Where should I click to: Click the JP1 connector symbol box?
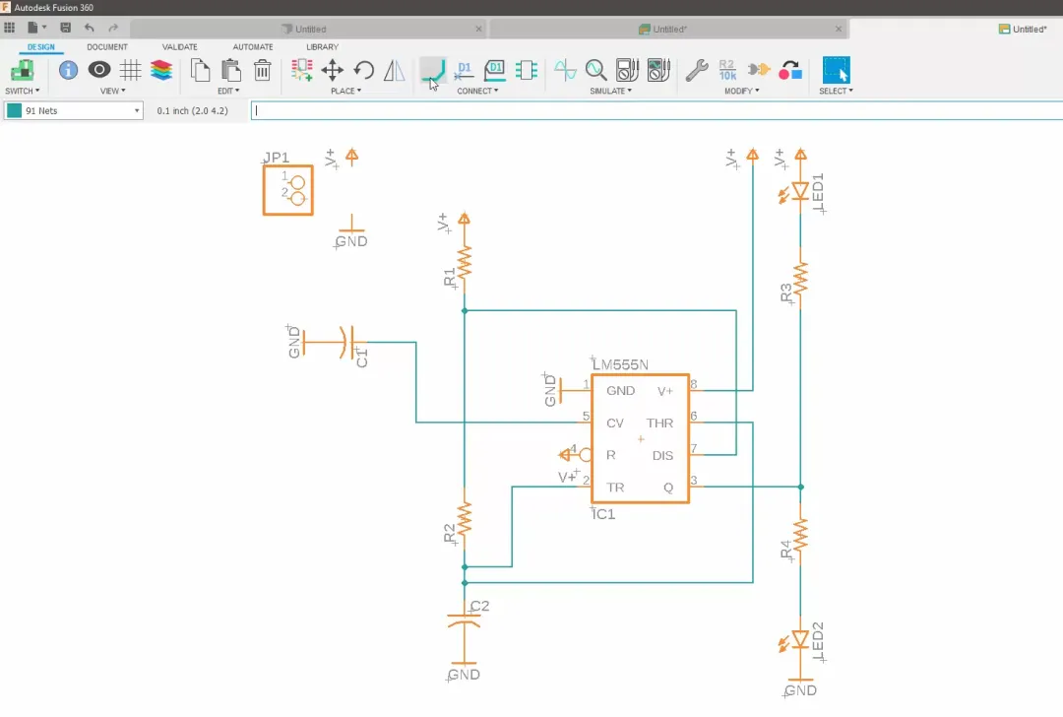(x=287, y=189)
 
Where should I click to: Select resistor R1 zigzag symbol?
(x=465, y=261)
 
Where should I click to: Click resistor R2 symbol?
(x=465, y=517)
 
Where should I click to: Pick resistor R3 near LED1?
(x=800, y=278)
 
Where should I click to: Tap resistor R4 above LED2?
(x=800, y=535)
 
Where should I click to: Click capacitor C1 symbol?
(x=345, y=343)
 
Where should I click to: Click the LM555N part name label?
(x=620, y=365)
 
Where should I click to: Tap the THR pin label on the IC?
(x=659, y=423)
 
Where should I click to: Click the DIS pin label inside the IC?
(x=662, y=455)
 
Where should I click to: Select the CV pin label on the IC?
(x=615, y=423)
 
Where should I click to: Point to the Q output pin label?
(x=668, y=488)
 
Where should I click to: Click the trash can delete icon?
(x=263, y=70)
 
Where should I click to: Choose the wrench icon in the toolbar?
(x=697, y=70)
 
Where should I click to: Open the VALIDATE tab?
(x=179, y=46)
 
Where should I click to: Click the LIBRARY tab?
(x=322, y=46)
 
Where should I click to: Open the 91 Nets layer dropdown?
(x=74, y=111)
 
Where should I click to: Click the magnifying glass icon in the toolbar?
(x=595, y=70)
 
